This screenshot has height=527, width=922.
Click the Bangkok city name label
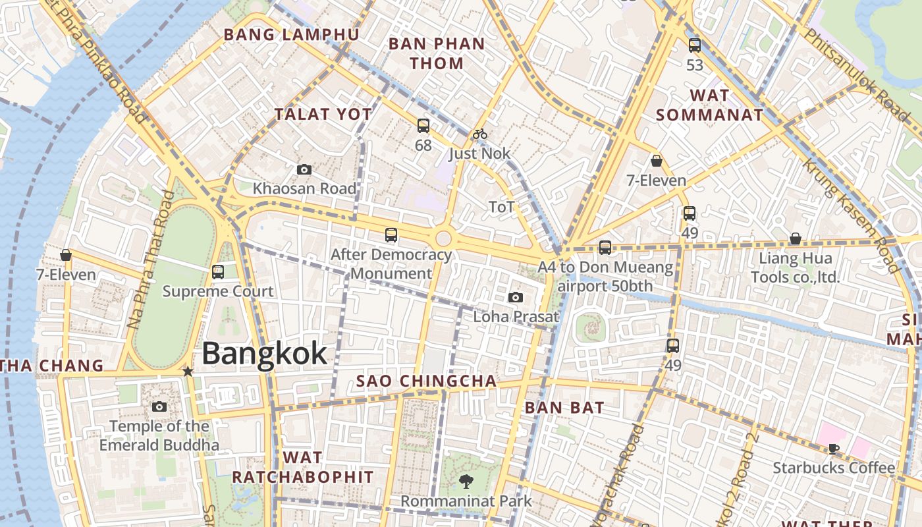(264, 354)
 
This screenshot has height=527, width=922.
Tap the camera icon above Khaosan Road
(304, 169)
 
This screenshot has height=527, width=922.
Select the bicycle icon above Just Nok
(480, 134)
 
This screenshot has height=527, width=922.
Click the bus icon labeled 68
(423, 125)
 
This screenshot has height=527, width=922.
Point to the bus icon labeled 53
(695, 45)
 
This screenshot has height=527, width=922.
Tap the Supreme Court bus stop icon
(218, 271)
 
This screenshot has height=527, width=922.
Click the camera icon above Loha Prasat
(516, 297)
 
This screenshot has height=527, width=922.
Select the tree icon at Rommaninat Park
(466, 482)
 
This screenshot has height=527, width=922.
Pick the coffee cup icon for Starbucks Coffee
(833, 449)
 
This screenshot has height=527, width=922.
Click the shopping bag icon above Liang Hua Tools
(796, 238)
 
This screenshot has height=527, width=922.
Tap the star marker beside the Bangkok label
(188, 372)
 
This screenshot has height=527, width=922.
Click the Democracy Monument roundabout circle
(443, 238)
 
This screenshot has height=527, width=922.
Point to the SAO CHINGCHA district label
(426, 381)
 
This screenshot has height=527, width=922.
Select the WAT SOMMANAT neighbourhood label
(709, 105)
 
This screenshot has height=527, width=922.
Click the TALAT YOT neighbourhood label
(323, 114)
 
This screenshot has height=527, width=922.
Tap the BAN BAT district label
(564, 408)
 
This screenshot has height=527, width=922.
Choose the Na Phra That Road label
(151, 260)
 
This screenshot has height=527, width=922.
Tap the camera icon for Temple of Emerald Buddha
(159, 406)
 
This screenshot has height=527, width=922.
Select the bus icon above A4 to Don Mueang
(605, 248)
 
